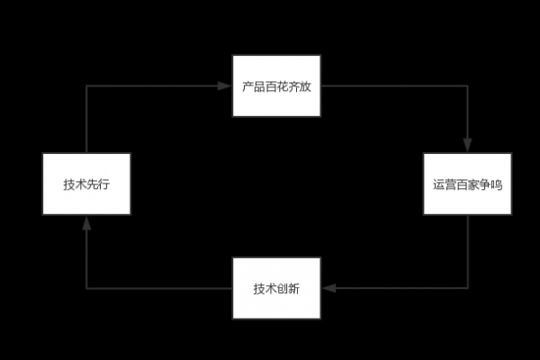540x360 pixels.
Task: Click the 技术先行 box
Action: [86, 184]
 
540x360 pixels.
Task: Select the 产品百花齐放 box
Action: [276, 86]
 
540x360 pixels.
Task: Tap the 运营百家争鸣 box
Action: [468, 184]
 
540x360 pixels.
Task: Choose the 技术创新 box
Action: [276, 288]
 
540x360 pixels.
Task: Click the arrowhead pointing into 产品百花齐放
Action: [226, 86]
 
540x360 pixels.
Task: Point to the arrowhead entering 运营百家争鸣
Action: [468, 147]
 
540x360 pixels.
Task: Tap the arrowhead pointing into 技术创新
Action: [328, 288]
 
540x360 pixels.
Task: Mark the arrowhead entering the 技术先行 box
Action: [86, 221]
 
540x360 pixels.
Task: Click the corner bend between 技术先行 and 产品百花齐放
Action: [86, 86]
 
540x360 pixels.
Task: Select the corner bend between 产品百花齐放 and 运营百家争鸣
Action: [468, 86]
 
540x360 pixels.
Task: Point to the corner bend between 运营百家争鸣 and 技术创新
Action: [468, 288]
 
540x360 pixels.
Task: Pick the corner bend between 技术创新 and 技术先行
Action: [86, 288]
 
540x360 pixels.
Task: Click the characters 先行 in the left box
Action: [98, 185]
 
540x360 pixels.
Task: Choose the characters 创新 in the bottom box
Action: [288, 289]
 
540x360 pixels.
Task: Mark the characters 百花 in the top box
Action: [276, 87]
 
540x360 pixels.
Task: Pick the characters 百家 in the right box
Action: [467, 185]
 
